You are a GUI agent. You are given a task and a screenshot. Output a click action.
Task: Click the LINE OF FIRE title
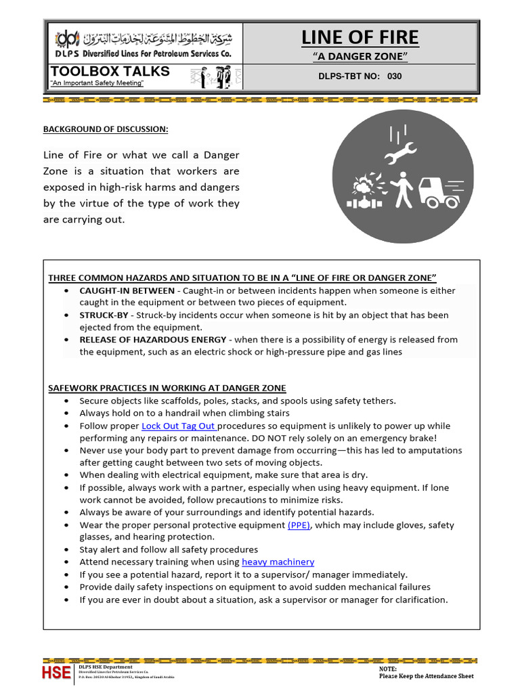[x=360, y=37]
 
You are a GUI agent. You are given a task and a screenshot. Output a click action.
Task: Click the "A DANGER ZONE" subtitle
[x=360, y=56]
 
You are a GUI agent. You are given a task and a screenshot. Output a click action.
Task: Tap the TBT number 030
[x=394, y=76]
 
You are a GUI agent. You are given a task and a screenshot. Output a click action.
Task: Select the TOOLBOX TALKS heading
[x=110, y=72]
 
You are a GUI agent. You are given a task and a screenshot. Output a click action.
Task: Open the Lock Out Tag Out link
[x=179, y=426]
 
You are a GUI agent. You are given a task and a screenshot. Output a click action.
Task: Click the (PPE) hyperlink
[x=299, y=524]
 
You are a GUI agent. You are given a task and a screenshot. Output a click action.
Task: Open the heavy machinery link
[x=278, y=562]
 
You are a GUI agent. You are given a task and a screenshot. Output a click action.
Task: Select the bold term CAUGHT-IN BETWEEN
[x=127, y=290]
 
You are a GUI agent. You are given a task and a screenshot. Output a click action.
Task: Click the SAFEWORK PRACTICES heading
[x=167, y=388]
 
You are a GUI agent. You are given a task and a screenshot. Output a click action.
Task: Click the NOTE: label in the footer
[x=388, y=668]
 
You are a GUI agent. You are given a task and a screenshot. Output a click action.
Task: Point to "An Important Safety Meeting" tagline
[x=97, y=83]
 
